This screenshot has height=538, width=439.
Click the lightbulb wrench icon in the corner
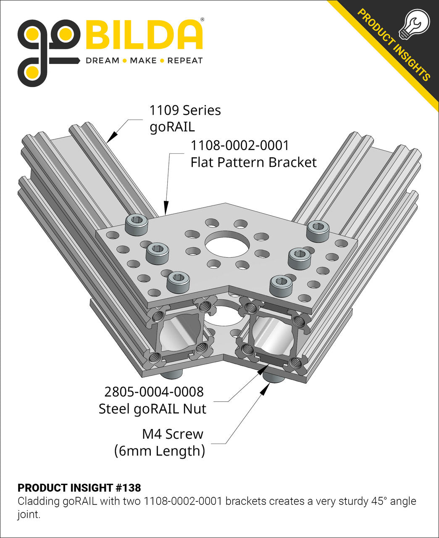416,24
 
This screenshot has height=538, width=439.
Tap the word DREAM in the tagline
103,61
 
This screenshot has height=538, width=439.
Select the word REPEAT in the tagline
185,61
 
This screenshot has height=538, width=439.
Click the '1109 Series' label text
185,110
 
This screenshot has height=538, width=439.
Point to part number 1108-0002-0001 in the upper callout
240,145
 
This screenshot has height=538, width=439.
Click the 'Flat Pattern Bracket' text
253,162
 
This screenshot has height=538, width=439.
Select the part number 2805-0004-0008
154,392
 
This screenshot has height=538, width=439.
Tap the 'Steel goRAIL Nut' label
152,409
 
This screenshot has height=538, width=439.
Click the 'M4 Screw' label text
173,434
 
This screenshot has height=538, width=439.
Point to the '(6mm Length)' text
160,451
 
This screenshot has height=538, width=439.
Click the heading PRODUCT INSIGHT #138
79,488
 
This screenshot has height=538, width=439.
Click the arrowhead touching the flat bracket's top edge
166,208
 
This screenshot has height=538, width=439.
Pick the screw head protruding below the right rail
273,377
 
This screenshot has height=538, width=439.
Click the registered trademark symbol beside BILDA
202,20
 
